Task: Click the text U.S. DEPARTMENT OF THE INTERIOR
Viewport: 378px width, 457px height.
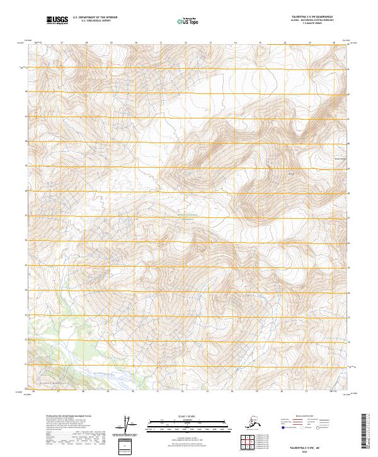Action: [96, 18]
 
